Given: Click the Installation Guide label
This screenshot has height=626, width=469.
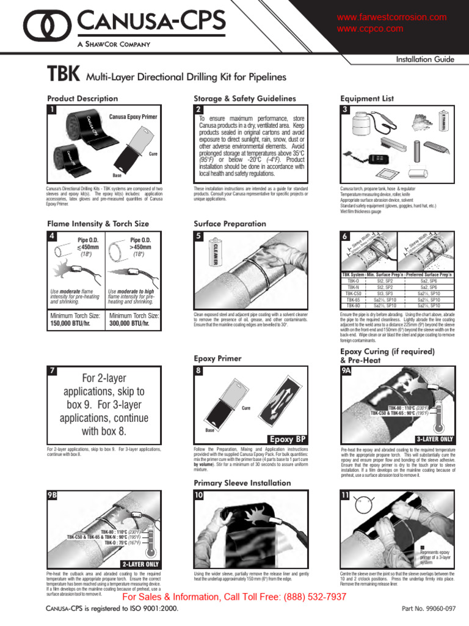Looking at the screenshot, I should pos(426,59).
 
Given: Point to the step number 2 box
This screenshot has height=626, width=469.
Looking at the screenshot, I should pos(199,109).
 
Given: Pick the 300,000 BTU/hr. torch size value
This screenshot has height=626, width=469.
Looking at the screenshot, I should pos(134,324).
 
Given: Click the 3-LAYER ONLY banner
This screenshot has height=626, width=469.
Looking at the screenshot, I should pos(434,439).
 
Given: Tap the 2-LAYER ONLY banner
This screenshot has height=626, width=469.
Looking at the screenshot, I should pos(141,564).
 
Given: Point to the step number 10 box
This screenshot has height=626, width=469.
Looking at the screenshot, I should pos(200,496).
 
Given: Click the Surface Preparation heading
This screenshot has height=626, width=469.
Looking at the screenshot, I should pos(230,224).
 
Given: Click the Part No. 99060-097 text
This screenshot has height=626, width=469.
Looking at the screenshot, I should pos(429,609).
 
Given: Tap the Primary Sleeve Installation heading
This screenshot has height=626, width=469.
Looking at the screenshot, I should pos(242,483).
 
